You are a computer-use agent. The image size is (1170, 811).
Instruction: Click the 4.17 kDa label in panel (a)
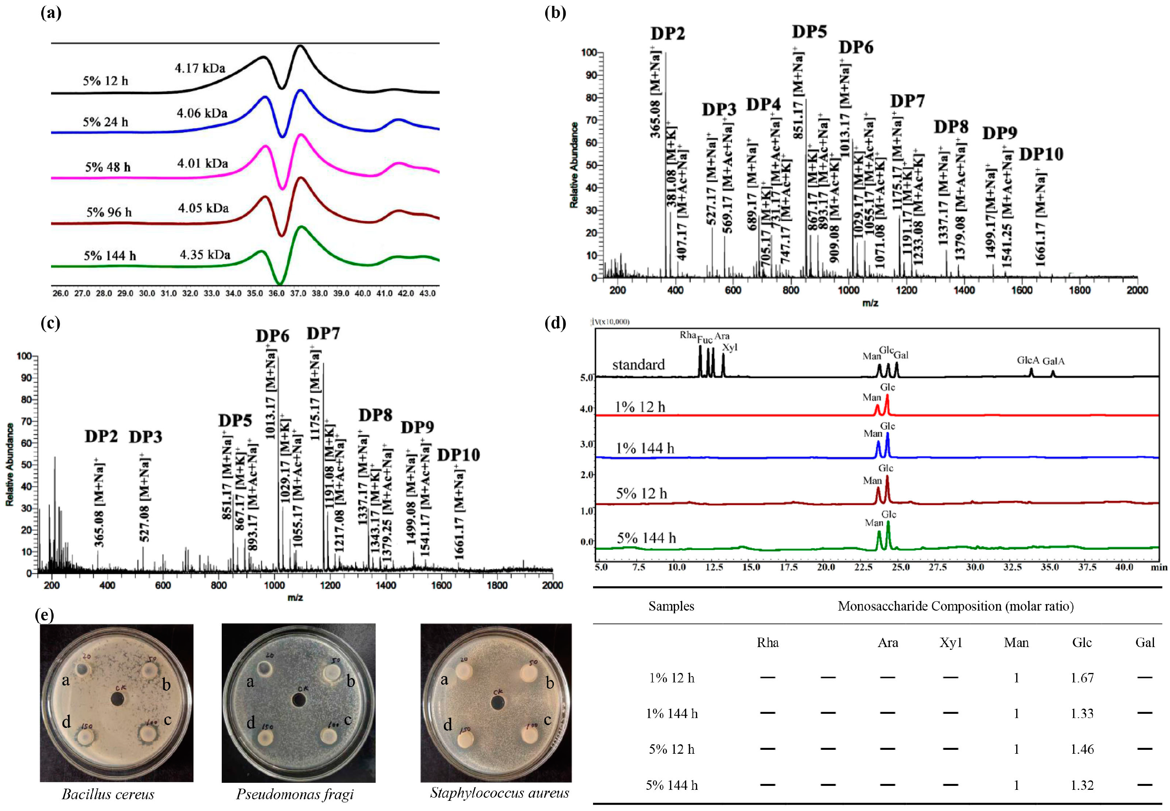coord(200,68)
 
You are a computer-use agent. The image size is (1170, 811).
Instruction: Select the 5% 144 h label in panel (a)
coord(110,256)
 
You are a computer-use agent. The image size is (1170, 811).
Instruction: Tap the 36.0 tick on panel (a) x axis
coord(277,294)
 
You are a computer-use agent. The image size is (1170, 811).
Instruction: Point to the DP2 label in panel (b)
coord(668,34)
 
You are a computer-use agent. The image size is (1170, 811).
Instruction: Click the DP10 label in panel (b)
coord(1041,154)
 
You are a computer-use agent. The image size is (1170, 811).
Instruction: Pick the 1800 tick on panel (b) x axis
coord(1079,290)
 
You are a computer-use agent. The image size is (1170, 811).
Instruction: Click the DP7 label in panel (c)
coord(323,334)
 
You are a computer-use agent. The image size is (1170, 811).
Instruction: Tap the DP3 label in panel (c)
coord(146,436)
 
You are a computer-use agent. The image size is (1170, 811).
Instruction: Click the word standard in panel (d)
coord(638,365)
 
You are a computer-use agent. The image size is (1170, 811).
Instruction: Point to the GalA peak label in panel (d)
coord(1053,361)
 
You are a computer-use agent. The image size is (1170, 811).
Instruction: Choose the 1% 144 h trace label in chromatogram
coord(645,448)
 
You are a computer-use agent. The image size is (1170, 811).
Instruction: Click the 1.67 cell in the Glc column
coord(1082,678)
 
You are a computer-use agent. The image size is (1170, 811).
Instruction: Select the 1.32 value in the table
coord(1082,785)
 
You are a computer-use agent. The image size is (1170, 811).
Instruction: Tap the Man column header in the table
coord(1016,643)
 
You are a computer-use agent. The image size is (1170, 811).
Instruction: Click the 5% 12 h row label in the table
coord(671,749)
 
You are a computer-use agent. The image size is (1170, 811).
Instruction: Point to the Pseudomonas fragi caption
coord(295,794)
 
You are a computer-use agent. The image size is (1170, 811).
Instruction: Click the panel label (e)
coord(44,615)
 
